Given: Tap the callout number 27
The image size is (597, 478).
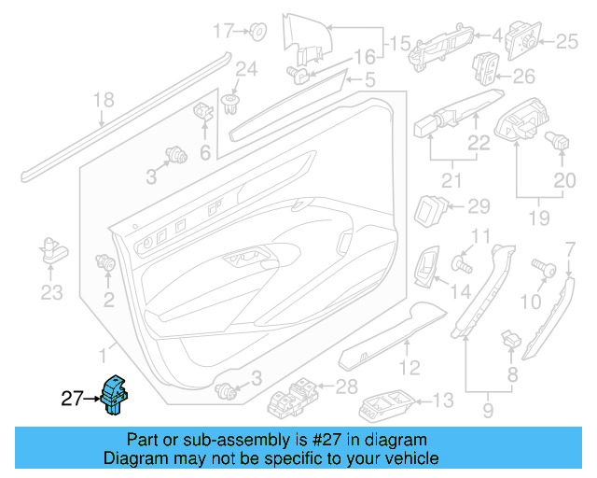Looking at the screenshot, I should coord(73,399).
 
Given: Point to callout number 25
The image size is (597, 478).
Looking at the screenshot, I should coord(567,40).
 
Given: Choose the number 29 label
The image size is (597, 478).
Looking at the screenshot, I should coord(478,206).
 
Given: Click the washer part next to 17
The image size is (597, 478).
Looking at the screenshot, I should coord(258,33).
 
